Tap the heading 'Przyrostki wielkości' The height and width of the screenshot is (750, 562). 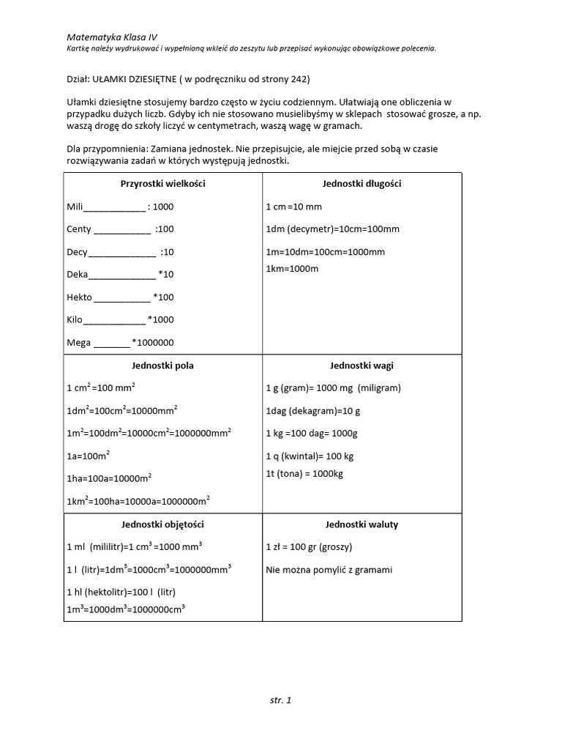(x=162, y=184)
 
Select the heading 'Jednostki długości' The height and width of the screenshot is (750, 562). (x=361, y=184)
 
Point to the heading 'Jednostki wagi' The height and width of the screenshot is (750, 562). (x=361, y=365)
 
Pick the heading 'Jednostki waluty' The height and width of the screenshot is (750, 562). (x=361, y=524)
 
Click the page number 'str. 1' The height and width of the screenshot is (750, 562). (x=280, y=700)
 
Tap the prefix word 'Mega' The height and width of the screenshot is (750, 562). (x=78, y=342)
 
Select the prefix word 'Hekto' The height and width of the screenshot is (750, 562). (x=79, y=297)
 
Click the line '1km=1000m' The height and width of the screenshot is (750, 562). (x=292, y=269)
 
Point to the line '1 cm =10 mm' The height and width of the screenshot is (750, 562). (x=293, y=207)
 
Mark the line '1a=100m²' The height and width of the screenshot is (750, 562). (x=88, y=456)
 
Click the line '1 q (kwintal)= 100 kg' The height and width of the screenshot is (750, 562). (x=310, y=456)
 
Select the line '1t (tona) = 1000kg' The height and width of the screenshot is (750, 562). (x=304, y=474)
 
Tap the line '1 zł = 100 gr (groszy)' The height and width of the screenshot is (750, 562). (x=309, y=547)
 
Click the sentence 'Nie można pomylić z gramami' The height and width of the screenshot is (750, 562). (x=329, y=569)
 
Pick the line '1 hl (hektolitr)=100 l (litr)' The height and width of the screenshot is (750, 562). (x=121, y=592)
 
